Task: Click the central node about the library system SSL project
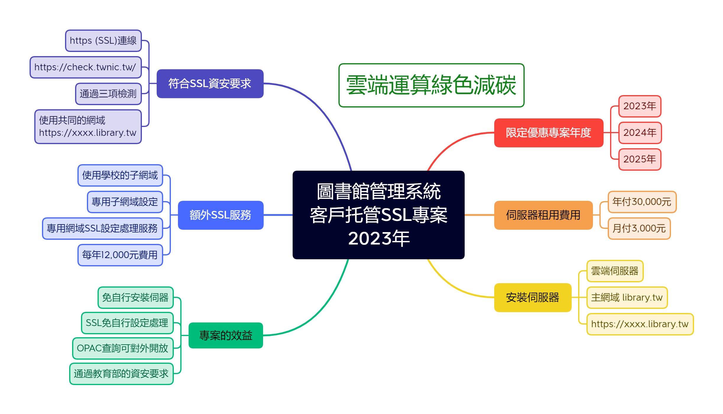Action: click(x=378, y=215)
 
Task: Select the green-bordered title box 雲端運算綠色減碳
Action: click(x=431, y=85)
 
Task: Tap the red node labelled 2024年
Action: click(x=640, y=133)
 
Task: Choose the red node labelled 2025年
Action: click(x=640, y=159)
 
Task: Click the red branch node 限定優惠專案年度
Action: click(x=549, y=133)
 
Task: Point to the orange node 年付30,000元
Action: click(x=642, y=202)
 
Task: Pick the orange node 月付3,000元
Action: click(x=639, y=228)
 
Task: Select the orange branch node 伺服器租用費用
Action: click(x=543, y=215)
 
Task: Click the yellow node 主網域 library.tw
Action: click(x=627, y=297)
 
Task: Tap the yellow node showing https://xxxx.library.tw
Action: click(x=640, y=324)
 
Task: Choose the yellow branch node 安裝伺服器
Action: click(x=533, y=297)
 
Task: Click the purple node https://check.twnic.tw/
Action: click(x=85, y=67)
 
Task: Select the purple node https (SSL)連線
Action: click(x=103, y=40)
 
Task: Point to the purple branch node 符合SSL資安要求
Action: click(x=210, y=84)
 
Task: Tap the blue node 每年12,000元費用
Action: click(x=120, y=255)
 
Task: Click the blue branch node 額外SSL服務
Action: click(x=221, y=215)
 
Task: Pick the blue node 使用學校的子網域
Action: click(x=120, y=175)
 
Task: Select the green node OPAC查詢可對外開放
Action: click(x=123, y=348)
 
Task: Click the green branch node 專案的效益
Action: click(x=226, y=335)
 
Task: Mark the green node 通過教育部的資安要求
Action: click(x=121, y=374)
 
